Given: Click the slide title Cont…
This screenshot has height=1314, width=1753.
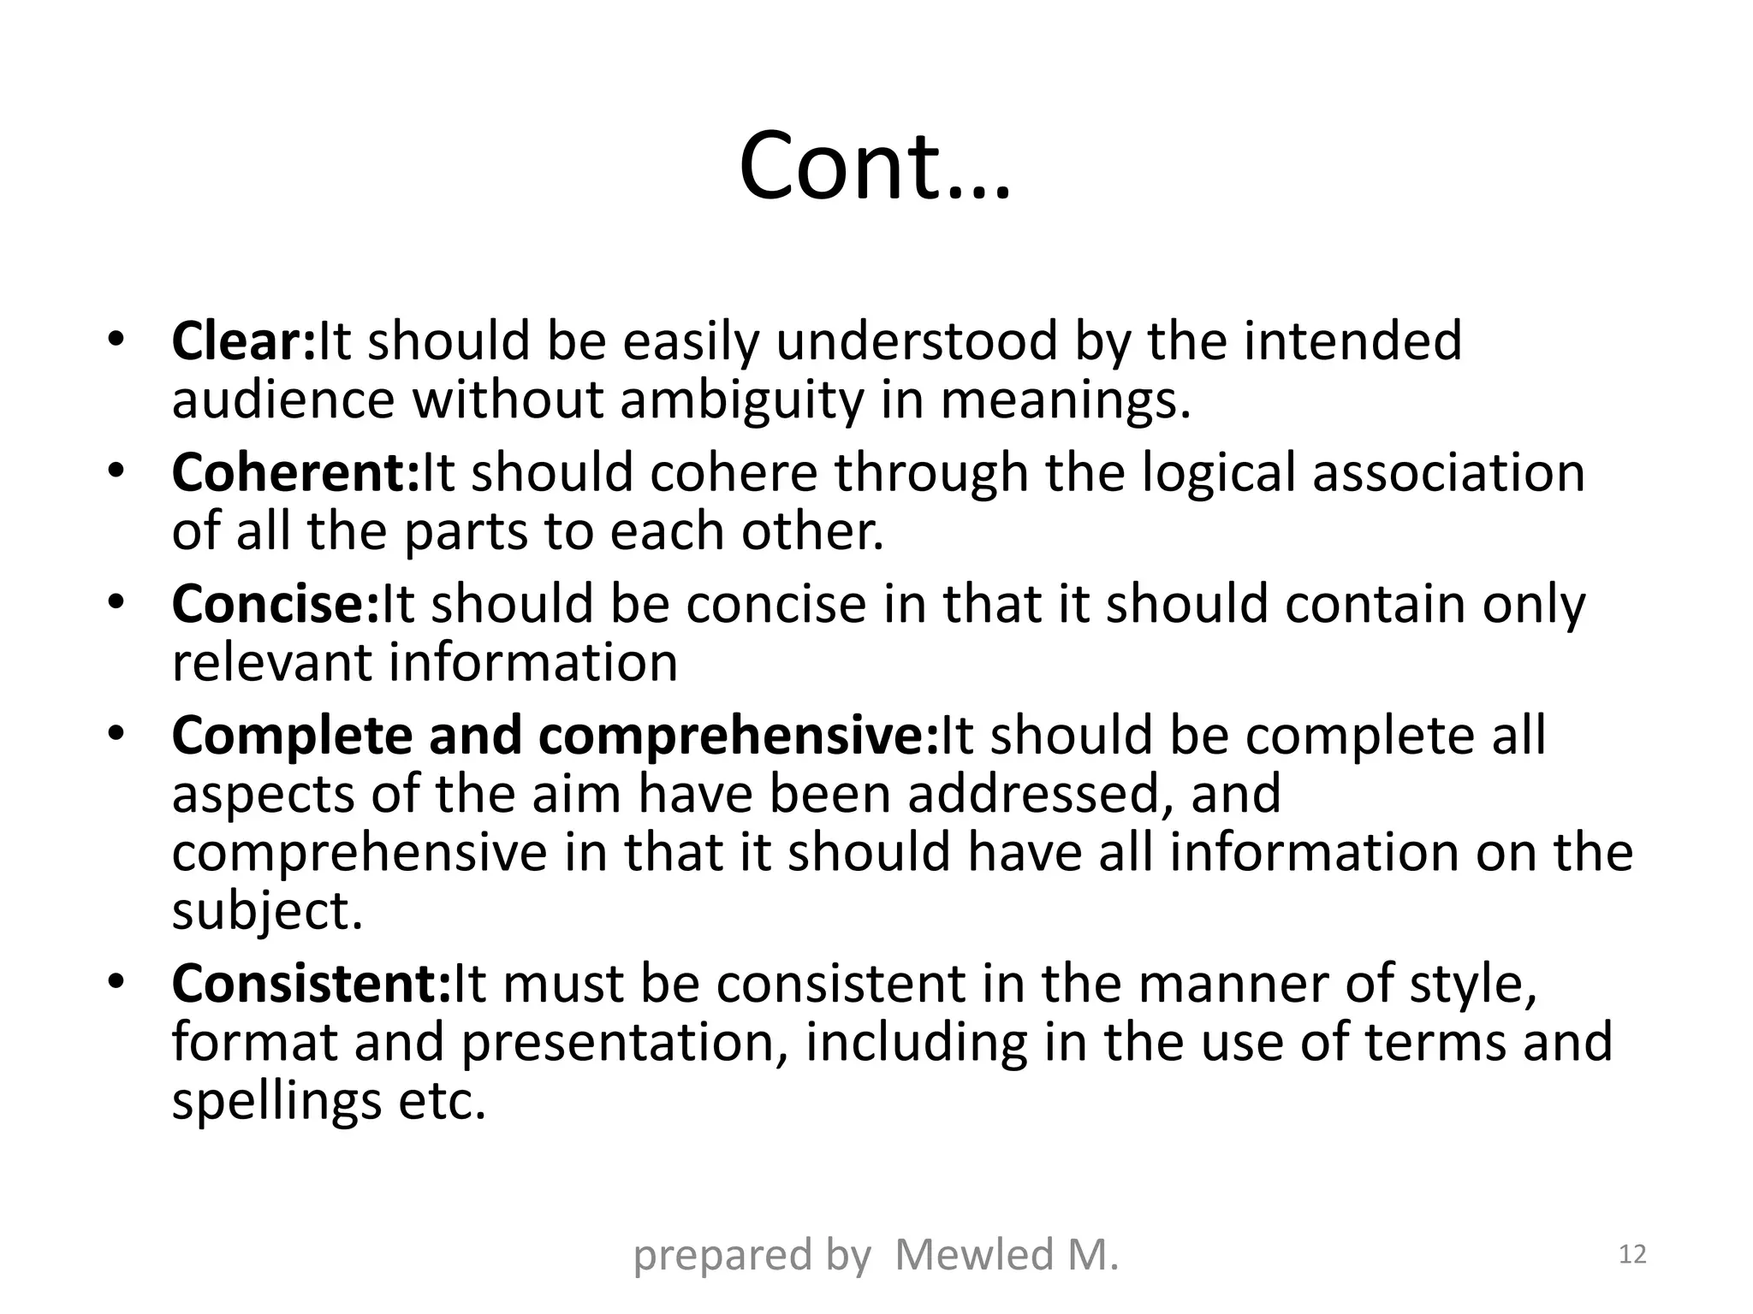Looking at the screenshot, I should point(875,166).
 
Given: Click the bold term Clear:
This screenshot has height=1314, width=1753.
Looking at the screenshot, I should point(244,341).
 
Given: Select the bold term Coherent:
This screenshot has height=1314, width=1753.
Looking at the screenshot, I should point(296,473).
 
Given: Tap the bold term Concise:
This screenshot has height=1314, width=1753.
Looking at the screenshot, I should point(275,605).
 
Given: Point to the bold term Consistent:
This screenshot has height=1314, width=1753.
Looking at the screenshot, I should point(311,985).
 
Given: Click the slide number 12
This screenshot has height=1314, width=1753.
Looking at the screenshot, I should point(1633,1255).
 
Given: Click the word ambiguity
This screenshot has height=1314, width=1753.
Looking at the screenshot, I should point(742,401).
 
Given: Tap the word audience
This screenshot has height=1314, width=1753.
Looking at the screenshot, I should point(283,400).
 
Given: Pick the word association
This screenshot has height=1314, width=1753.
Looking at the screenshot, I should point(1448,473).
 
